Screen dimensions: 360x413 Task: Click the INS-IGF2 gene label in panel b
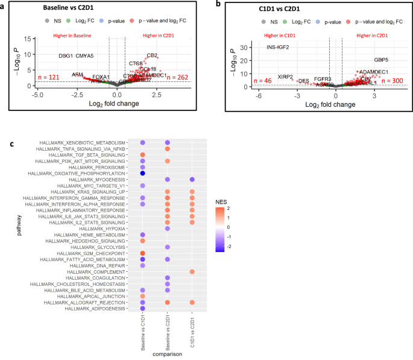coord(278,47)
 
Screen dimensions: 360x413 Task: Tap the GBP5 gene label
coord(381,60)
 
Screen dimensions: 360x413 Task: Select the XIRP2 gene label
coord(285,77)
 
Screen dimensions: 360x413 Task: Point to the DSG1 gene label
coord(66,56)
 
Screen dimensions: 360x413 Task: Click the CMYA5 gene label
coord(85,56)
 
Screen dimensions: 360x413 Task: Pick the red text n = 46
coord(263,80)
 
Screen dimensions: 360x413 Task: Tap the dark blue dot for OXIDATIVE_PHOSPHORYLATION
coord(143,174)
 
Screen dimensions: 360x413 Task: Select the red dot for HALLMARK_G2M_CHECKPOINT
coord(143,253)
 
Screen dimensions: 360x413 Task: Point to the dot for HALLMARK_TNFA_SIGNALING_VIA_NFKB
coord(168,148)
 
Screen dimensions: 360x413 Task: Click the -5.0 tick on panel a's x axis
coord(37,95)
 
